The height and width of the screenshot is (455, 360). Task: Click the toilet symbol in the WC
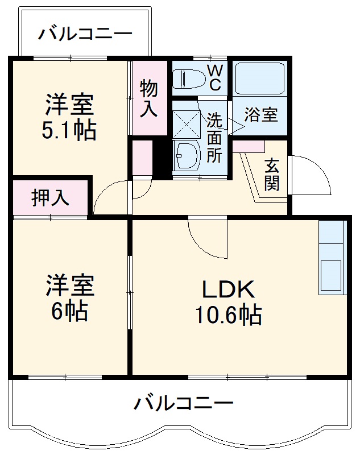tap(188, 78)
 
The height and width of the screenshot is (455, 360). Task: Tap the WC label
tap(214, 77)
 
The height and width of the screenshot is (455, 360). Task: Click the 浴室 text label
tap(261, 114)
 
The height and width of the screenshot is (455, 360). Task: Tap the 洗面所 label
tap(214, 138)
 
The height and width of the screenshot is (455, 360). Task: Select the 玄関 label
tap(272, 174)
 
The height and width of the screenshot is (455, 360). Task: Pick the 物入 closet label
tap(149, 98)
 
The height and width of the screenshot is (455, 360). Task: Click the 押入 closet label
tap(50, 197)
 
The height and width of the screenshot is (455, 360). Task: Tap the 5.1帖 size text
tap(68, 130)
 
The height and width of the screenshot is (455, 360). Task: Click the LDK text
tap(227, 289)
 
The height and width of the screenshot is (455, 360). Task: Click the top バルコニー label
tap(85, 34)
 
